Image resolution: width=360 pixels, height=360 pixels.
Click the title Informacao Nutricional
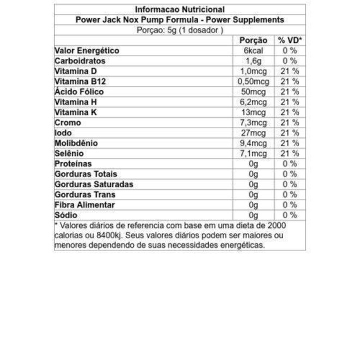tap(179, 9)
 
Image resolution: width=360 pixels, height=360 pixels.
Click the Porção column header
tap(253, 40)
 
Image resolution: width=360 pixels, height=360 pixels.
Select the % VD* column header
tap(289, 40)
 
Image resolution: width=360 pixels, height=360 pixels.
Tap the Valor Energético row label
tap(87, 51)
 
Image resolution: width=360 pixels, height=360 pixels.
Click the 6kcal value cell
tap(253, 51)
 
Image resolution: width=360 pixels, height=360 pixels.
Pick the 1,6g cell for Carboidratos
tap(253, 61)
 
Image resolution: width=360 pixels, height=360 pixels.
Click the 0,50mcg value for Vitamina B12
tap(253, 82)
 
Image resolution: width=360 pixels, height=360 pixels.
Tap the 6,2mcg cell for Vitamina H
tap(253, 102)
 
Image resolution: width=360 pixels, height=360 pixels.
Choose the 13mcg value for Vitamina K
tap(253, 112)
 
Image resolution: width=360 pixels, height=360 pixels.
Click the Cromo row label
tap(68, 123)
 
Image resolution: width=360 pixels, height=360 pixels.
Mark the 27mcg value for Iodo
tap(253, 133)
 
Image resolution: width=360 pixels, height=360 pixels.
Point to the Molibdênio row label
tap(76, 143)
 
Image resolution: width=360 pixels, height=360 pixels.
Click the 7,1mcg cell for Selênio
tap(253, 153)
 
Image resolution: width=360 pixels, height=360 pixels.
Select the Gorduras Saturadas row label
tap(93, 184)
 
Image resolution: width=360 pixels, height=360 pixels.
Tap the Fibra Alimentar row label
tap(85, 205)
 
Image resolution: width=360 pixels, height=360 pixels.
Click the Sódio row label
tap(65, 215)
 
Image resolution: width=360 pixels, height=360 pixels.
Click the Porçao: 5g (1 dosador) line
tap(179, 30)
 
